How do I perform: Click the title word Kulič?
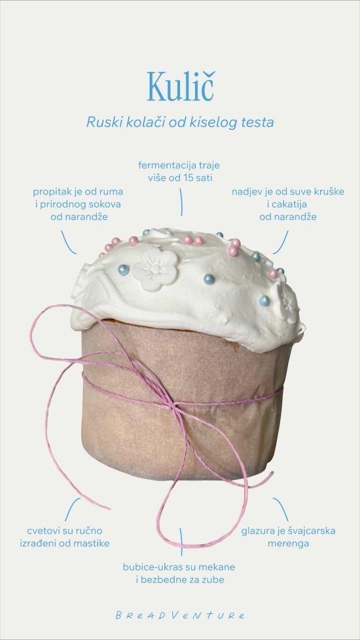pos(180,86)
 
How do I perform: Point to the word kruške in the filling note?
pos(331,192)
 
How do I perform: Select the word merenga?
pos(288,543)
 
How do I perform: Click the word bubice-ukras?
pos(149,567)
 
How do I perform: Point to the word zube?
pos(213,580)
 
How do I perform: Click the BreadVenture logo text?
pos(180,615)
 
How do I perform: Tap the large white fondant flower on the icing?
pos(156,270)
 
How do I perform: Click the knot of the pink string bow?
pos(175,407)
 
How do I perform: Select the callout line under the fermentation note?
pos(181,202)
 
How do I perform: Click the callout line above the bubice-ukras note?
pos(181,542)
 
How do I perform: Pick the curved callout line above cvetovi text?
pos(71,508)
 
